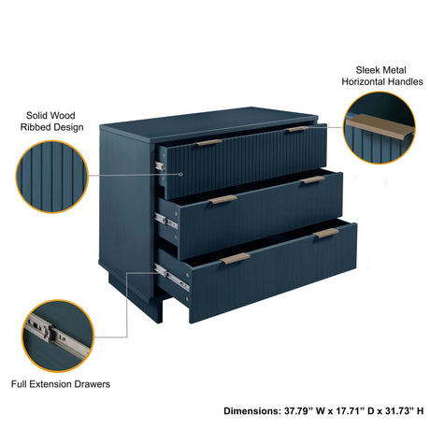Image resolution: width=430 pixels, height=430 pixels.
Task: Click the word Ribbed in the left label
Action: (40, 127)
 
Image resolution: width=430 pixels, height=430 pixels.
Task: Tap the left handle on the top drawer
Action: (208, 143)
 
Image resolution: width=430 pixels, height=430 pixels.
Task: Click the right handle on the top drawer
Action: (297, 129)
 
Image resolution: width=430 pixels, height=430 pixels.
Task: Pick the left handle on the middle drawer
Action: (222, 199)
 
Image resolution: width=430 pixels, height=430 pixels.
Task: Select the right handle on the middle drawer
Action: (313, 179)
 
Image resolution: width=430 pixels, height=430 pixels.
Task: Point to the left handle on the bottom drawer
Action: (234, 259)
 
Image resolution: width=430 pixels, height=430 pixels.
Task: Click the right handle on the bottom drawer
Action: (326, 233)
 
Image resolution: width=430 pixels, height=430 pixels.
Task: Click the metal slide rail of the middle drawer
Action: (165, 222)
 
